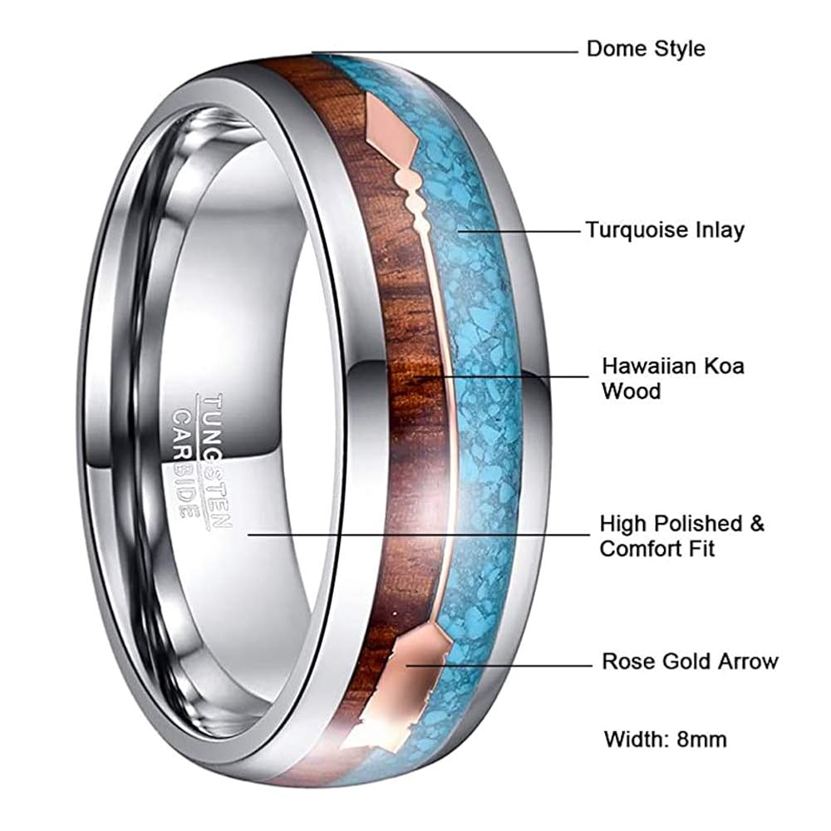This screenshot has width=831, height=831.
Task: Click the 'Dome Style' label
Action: tap(645, 48)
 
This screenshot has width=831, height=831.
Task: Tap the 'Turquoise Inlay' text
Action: tap(664, 229)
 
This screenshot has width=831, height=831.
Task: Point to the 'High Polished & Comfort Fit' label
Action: tap(681, 535)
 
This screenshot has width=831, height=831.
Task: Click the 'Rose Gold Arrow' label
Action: tap(689, 661)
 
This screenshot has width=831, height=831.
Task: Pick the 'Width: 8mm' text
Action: tap(665, 738)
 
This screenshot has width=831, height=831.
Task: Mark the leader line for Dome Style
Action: tap(449, 52)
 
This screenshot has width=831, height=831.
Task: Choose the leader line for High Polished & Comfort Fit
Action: tap(415, 535)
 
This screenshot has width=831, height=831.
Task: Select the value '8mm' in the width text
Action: tap(703, 738)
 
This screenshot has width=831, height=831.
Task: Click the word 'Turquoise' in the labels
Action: tap(636, 229)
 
